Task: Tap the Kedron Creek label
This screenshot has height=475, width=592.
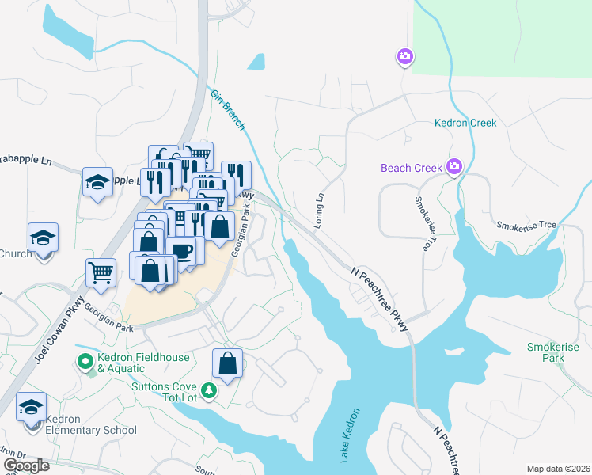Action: pos(465,123)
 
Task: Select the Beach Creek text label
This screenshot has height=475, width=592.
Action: pos(412,168)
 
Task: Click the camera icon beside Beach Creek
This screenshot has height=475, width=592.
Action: pos(454,166)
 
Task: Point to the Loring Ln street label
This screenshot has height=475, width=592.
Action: pos(319,211)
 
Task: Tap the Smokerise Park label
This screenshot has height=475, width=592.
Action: pos(553,353)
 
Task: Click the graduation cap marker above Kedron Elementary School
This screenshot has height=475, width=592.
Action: pos(31,407)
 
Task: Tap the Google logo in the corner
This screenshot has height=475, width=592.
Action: pos(27,465)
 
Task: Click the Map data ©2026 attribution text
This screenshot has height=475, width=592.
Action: pos(556,468)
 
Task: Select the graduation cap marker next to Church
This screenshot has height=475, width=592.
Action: pos(43,237)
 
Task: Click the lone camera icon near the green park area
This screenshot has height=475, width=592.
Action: pos(404,56)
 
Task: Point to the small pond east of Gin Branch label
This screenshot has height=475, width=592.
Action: pos(256,62)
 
